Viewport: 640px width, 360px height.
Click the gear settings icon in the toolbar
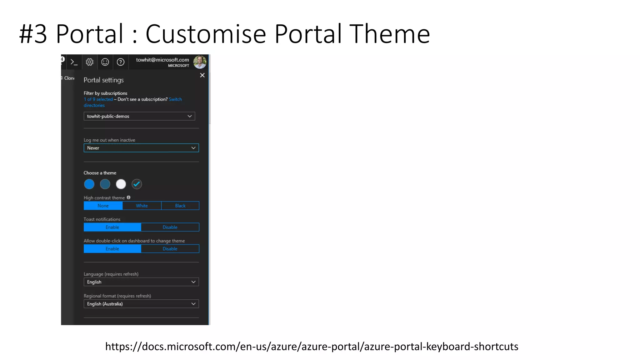(90, 62)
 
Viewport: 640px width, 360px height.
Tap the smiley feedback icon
(105, 62)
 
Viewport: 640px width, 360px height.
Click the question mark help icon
(121, 62)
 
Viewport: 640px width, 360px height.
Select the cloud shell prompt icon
(74, 62)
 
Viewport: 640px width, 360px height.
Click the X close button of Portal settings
(202, 75)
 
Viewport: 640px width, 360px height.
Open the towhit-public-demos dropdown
(139, 116)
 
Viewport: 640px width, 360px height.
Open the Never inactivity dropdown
(141, 148)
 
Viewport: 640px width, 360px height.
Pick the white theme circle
(121, 184)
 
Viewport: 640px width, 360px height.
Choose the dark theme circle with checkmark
(137, 184)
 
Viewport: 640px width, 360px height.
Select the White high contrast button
(142, 206)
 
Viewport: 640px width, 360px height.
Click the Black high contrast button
(180, 206)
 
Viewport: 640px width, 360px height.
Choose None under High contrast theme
(103, 206)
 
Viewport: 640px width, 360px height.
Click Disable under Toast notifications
(170, 227)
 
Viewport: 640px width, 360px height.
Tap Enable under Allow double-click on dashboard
(112, 249)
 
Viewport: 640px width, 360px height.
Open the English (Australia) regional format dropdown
(141, 304)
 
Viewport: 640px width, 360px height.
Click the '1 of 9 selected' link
(98, 99)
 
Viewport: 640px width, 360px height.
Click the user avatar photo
(200, 62)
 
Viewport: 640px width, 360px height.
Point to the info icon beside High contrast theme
(128, 197)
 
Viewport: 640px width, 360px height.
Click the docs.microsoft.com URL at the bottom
(312, 347)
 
